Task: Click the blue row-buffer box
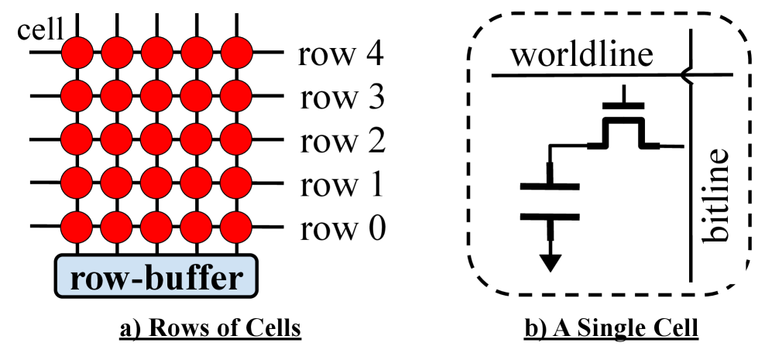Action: click(156, 276)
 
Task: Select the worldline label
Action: click(582, 56)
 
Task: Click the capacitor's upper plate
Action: click(550, 186)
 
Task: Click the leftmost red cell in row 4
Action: click(77, 53)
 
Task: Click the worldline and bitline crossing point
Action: click(689, 75)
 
